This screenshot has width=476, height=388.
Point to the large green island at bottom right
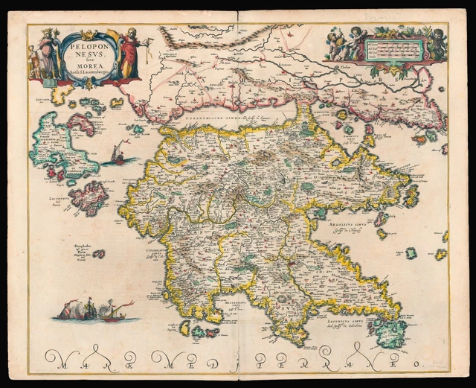click(390, 331)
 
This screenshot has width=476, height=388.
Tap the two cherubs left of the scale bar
click(341, 44)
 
